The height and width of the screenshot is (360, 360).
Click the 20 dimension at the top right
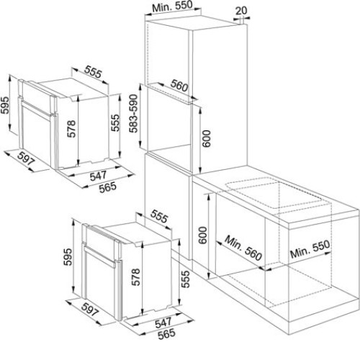pyautogui.click(x=241, y=11)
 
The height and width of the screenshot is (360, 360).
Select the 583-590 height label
pyautogui.click(x=134, y=114)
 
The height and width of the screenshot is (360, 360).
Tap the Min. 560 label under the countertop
pyautogui.click(x=243, y=248)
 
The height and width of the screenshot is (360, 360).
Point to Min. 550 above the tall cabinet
pyautogui.click(x=172, y=6)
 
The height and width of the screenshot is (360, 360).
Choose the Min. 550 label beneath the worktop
pyautogui.click(x=310, y=249)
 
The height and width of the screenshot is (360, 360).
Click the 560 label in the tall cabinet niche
pyautogui.click(x=179, y=86)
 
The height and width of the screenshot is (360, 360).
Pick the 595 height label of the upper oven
pyautogui.click(x=4, y=105)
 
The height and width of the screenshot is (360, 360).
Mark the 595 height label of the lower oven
pyautogui.click(x=68, y=257)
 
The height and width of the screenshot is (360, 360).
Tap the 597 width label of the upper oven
pyautogui.click(x=26, y=158)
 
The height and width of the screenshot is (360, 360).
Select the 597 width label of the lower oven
pyautogui.click(x=90, y=309)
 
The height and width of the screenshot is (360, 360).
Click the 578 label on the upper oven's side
pyautogui.click(x=71, y=129)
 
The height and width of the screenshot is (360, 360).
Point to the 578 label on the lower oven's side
pyautogui.click(x=136, y=277)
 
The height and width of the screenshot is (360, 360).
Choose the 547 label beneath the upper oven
pyautogui.click(x=98, y=176)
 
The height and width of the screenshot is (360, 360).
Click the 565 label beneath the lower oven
pyautogui.click(x=166, y=334)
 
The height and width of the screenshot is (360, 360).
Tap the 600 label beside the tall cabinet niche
pyautogui.click(x=207, y=139)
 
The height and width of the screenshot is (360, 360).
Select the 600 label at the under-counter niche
pyautogui.click(x=203, y=235)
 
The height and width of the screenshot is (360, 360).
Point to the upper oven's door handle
pyautogui.click(x=37, y=109)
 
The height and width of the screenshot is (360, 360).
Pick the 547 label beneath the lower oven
pyautogui.click(x=163, y=323)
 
